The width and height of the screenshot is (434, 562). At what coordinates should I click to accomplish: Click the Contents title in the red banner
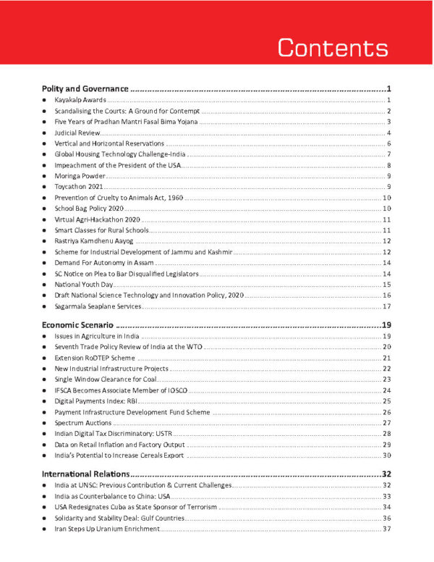pos(333,47)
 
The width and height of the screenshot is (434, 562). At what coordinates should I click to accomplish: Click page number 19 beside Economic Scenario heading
pos(386,324)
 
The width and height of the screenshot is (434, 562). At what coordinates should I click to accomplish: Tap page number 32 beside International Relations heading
pos(386,473)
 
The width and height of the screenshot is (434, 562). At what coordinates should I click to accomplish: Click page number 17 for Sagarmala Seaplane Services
pos(386,306)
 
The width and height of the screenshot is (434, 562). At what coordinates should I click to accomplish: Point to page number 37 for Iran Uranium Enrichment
pos(386,529)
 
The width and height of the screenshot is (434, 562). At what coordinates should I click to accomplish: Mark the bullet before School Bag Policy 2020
pos(46,209)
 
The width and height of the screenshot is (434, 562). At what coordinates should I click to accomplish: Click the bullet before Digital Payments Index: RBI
pos(46,401)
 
